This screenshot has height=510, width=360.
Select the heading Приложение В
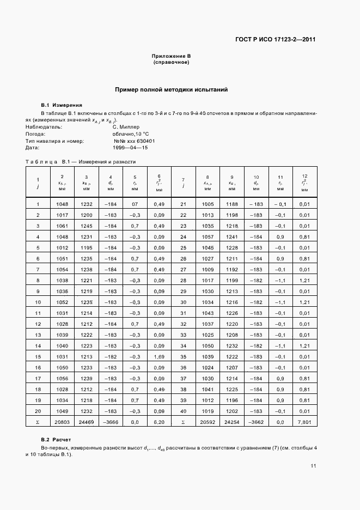pyautogui.click(x=170, y=57)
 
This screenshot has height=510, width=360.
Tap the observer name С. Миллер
pyautogui.click(x=126, y=126)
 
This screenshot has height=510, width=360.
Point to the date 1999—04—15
pyautogui.click(x=130, y=148)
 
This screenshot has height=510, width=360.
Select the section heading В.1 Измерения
pyautogui.click(x=62, y=105)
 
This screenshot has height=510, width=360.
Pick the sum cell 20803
pyautogui.click(x=62, y=422)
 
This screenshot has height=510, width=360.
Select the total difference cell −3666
pyautogui.click(x=111, y=422)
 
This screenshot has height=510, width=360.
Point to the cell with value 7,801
pyautogui.click(x=304, y=422)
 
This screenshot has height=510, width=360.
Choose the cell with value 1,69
pyautogui.click(x=159, y=356)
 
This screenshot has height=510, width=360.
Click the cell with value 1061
pyautogui.click(x=62, y=226)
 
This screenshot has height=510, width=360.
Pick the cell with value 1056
pyautogui.click(x=62, y=378)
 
